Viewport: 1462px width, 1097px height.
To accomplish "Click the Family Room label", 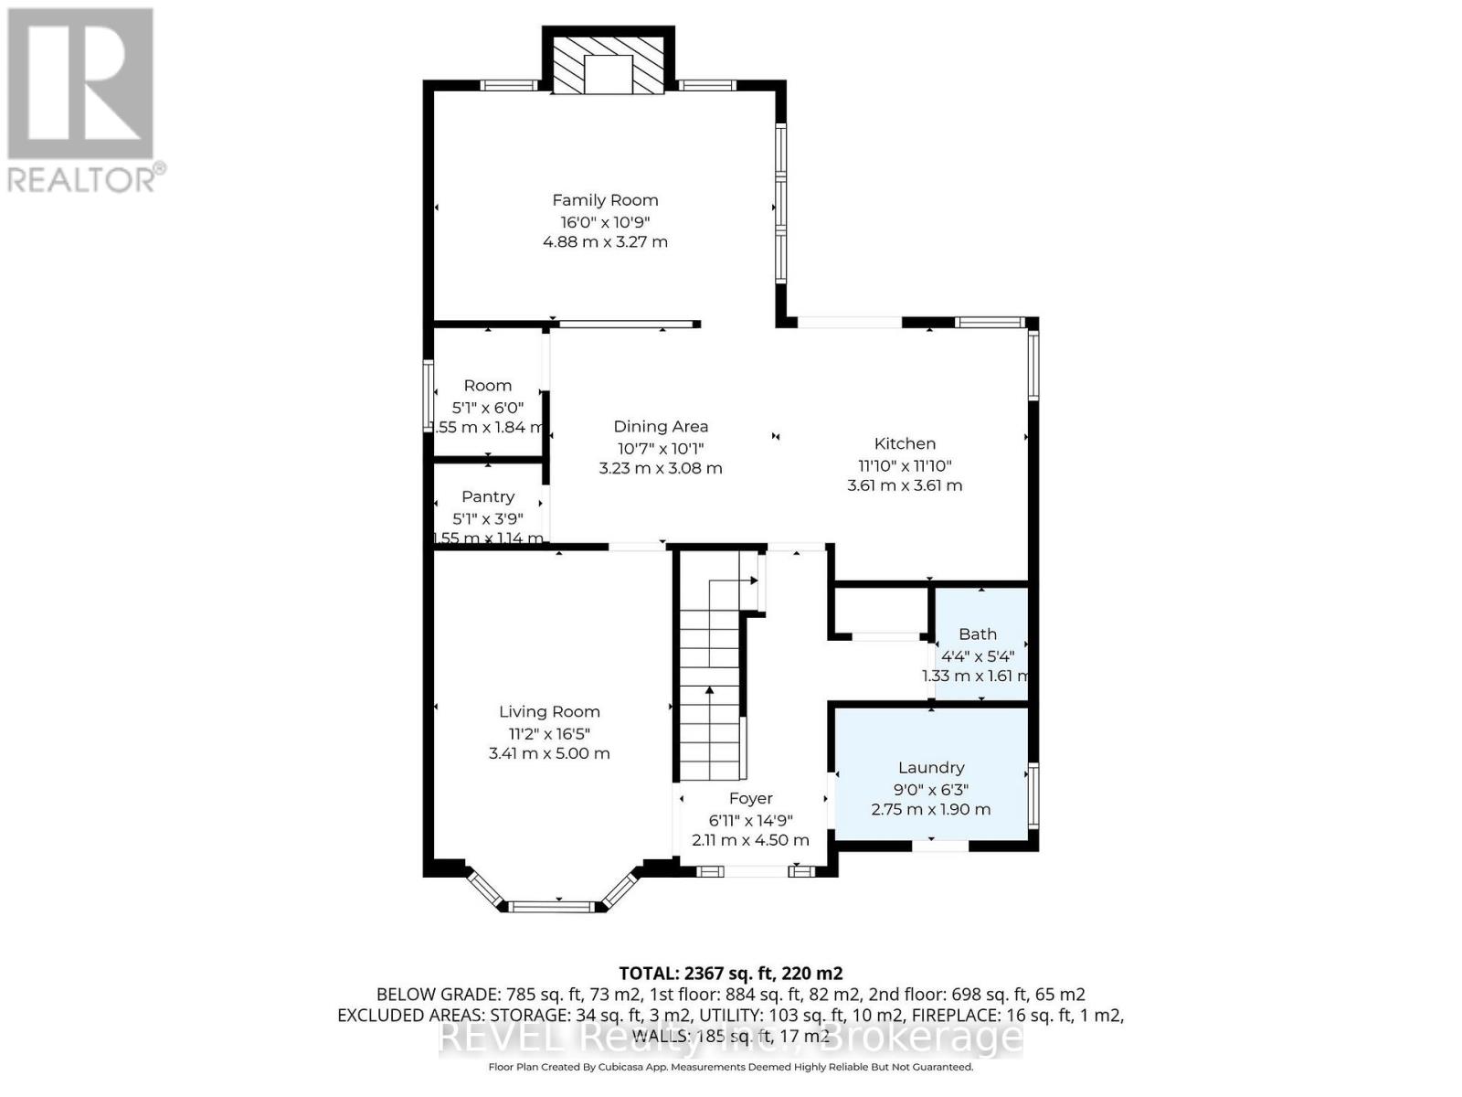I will (x=605, y=200).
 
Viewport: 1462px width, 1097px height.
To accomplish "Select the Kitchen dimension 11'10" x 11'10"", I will (x=905, y=464).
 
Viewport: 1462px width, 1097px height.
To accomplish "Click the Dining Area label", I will (x=661, y=427).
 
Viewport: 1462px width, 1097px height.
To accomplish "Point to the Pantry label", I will (x=488, y=496).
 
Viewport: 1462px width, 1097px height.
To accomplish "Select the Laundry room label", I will (x=931, y=768).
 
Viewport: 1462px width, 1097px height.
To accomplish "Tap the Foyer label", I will (x=751, y=798).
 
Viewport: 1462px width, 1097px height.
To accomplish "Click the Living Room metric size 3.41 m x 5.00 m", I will (x=549, y=754).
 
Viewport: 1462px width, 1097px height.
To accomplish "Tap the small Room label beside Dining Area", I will (x=488, y=386).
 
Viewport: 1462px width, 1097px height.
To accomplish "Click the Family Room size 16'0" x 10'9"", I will (x=605, y=222).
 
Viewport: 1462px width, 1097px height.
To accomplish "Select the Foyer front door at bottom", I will (x=754, y=871).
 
